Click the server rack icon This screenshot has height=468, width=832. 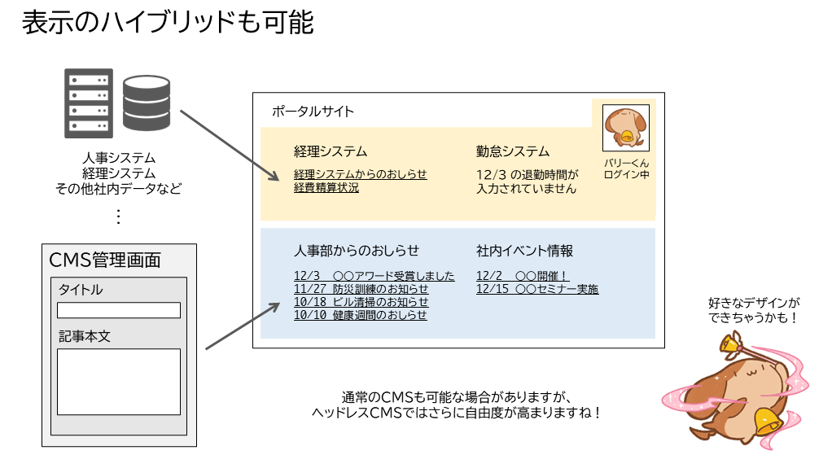tap(88, 103)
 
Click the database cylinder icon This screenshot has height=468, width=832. tap(147, 103)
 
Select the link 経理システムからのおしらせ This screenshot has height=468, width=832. tap(360, 174)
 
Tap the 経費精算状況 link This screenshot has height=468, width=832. tap(326, 188)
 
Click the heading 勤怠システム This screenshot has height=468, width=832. tap(513, 151)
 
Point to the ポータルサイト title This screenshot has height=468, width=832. tap(313, 112)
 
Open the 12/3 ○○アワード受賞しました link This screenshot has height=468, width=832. tap(374, 276)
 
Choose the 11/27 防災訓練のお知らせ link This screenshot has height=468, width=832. tap(361, 289)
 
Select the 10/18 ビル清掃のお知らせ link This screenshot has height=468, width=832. tap(361, 302)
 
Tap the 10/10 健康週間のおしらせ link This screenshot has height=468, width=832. tap(360, 315)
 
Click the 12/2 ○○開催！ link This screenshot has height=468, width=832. tap(522, 276)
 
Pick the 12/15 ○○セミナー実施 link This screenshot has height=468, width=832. tap(536, 289)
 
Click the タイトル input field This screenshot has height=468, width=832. tap(119, 310)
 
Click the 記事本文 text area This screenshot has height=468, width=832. tap(119, 382)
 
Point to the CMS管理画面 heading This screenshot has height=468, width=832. tap(105, 260)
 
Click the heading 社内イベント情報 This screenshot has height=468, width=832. tap(524, 251)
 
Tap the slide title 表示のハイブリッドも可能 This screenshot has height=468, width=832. tap(168, 23)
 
